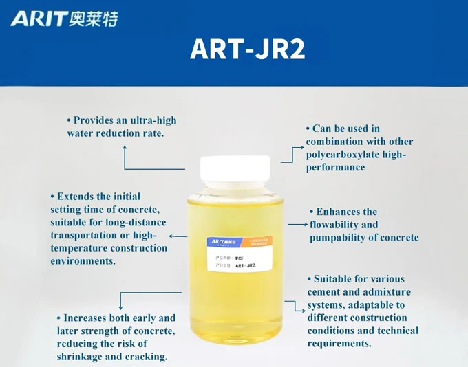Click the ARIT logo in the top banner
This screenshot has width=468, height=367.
pos(64,19)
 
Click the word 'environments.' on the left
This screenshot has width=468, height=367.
pos(83,261)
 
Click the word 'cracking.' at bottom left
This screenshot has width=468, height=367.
pos(146,357)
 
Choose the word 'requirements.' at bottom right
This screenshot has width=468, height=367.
pos(339,343)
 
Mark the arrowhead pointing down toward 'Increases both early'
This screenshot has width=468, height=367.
pos(121,307)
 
